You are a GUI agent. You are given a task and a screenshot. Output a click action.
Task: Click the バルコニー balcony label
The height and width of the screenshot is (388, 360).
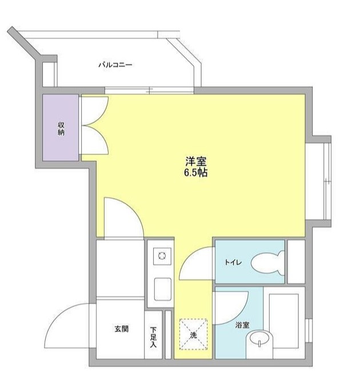coord(115,65)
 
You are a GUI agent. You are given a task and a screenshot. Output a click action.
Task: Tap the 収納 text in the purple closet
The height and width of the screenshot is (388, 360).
coord(61,129)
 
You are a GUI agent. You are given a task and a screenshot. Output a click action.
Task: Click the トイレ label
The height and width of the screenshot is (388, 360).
coord(232,262)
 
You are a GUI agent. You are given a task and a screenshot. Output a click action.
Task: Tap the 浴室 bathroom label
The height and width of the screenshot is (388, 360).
coord(242,325)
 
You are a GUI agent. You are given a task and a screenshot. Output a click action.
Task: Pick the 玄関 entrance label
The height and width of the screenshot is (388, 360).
coord(121,329)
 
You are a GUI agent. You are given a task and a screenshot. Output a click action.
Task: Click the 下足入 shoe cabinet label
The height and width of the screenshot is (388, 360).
coord(153,337)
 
